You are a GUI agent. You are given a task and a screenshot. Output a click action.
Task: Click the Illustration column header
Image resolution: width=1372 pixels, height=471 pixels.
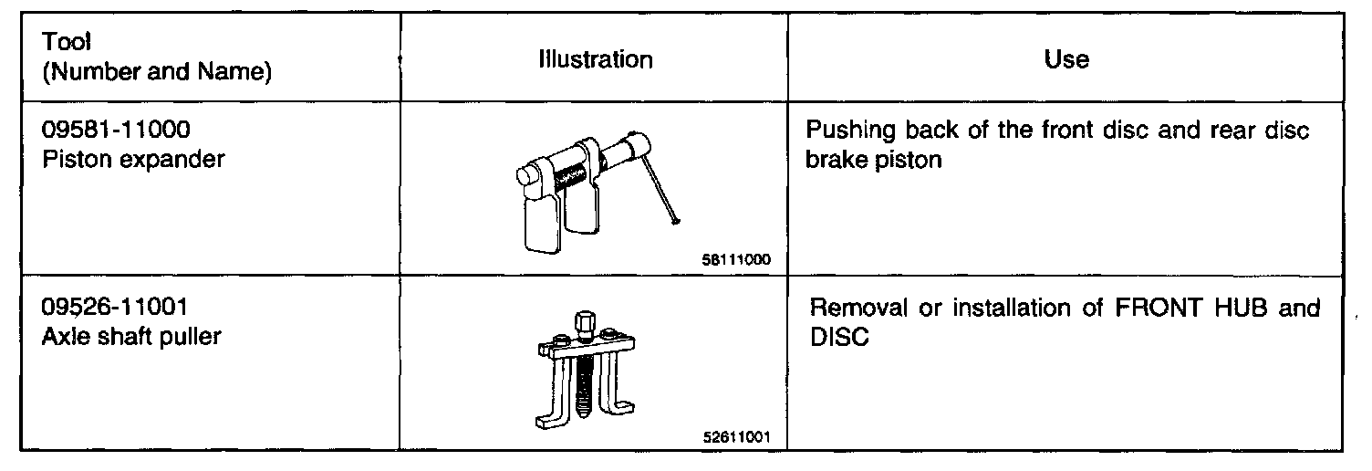(595, 60)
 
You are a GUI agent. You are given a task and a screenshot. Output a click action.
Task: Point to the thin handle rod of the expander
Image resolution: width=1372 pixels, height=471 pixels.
(663, 192)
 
